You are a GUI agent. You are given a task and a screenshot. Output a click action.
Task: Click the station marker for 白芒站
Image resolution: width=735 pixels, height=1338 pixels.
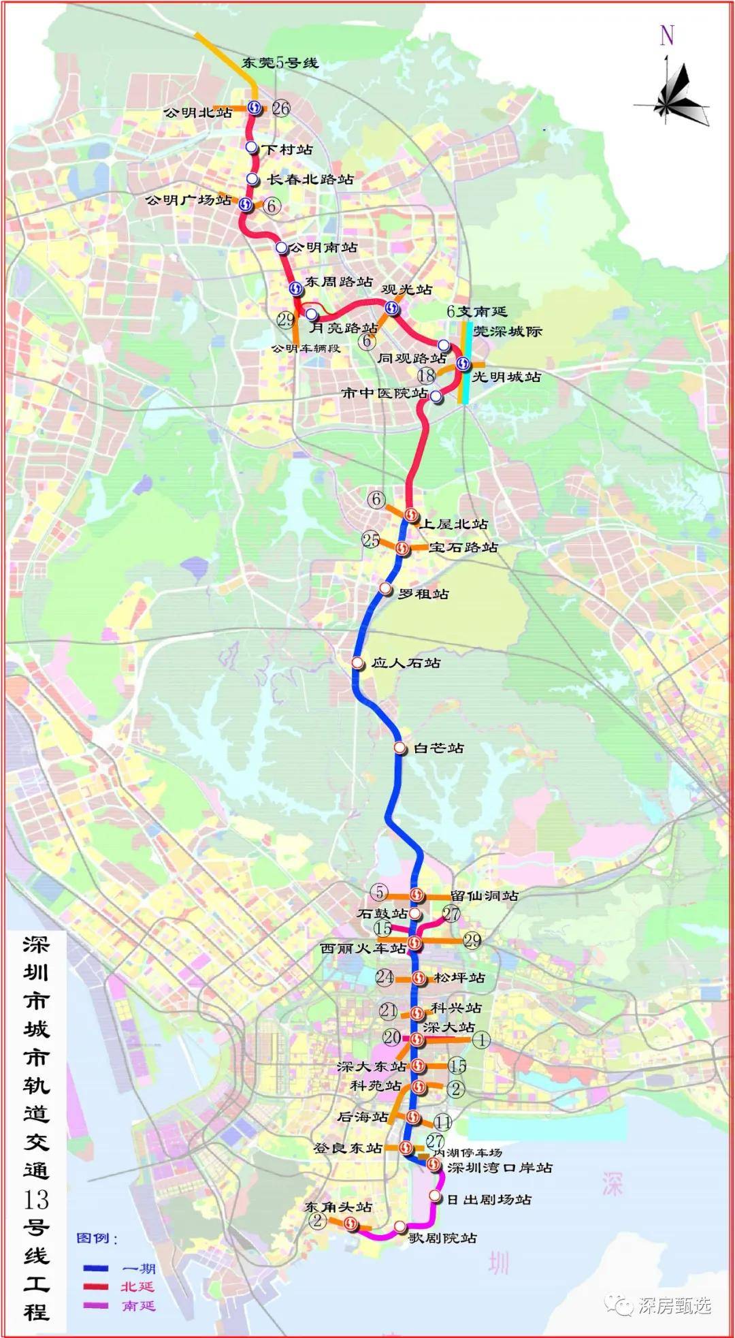[399, 748]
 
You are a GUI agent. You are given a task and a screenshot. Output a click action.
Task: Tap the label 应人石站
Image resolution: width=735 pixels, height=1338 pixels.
[406, 663]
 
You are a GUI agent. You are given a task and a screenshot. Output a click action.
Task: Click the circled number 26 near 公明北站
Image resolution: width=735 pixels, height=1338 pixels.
[280, 108]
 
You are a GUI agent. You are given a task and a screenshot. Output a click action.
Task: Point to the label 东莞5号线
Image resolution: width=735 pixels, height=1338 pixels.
[280, 63]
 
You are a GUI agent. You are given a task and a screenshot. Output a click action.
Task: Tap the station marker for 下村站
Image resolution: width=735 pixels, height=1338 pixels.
[251, 147]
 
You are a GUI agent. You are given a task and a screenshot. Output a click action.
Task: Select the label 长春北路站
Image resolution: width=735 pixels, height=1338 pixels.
[310, 179]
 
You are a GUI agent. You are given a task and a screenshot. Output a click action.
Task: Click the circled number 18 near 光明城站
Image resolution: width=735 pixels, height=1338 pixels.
[427, 375]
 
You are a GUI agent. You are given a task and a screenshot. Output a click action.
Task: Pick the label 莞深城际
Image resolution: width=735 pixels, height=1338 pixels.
[508, 332]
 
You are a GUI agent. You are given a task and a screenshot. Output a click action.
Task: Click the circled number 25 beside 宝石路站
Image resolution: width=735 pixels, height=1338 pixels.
[371, 540]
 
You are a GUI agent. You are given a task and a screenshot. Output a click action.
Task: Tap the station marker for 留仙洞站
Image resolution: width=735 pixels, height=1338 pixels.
[416, 895]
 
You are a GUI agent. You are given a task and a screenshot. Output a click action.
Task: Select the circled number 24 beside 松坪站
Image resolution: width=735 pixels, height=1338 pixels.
[385, 977]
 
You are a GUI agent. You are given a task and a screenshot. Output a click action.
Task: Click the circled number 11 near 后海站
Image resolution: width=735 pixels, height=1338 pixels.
[443, 1123]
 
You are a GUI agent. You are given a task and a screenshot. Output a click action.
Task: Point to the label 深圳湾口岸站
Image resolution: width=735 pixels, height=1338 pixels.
[500, 1167]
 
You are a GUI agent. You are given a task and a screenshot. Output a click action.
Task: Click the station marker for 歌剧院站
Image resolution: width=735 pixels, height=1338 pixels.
[400, 1226]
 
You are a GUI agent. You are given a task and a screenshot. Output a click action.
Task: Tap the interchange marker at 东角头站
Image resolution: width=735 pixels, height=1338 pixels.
[351, 1224]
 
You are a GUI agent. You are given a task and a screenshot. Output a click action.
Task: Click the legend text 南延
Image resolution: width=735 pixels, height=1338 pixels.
[139, 1305]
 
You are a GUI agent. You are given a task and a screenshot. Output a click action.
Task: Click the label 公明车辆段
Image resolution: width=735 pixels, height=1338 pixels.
[306, 348]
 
